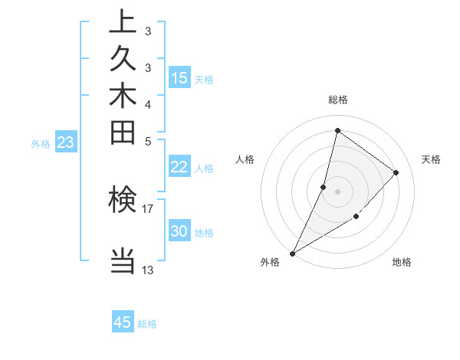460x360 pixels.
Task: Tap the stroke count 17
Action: click(x=148, y=207)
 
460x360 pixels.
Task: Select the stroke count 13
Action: click(x=148, y=269)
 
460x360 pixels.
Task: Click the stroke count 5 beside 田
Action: click(x=148, y=140)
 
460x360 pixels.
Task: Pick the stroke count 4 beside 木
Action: click(x=148, y=103)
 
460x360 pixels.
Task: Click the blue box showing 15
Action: click(x=179, y=78)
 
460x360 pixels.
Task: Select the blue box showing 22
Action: click(x=179, y=168)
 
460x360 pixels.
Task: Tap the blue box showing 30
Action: click(x=179, y=232)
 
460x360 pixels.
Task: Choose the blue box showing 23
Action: click(x=66, y=142)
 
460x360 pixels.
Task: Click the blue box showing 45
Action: click(x=123, y=322)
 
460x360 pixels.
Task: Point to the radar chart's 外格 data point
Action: click(x=292, y=254)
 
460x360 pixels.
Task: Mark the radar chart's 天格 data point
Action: click(x=396, y=172)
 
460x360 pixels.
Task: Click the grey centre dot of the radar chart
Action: click(x=337, y=191)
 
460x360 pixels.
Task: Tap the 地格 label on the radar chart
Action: click(x=402, y=263)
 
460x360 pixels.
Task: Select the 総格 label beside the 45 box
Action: click(x=147, y=324)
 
